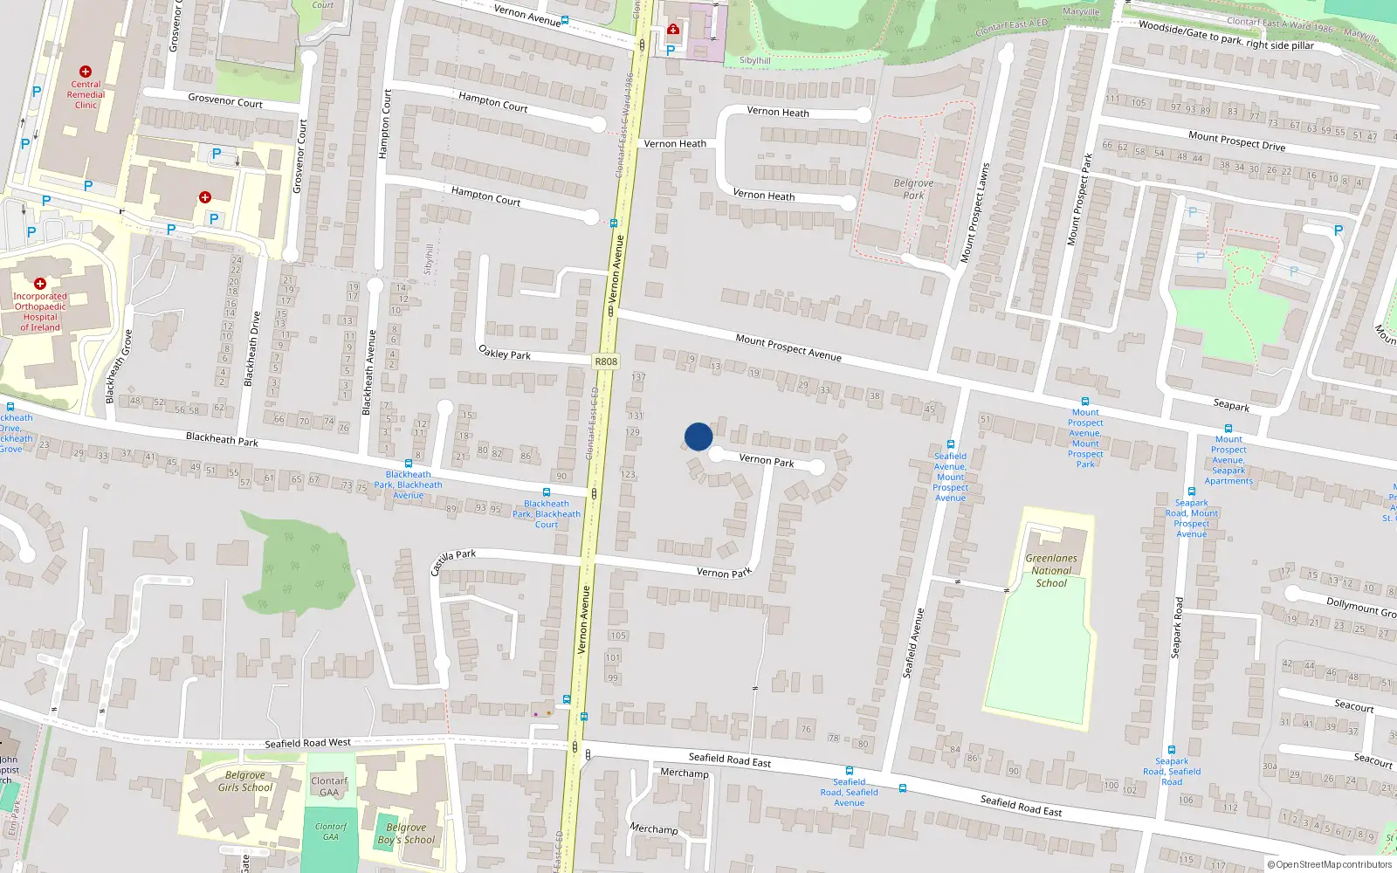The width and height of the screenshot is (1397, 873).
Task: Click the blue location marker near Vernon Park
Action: pyautogui.click(x=698, y=436)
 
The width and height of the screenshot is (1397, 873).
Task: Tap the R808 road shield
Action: pyautogui.click(x=606, y=361)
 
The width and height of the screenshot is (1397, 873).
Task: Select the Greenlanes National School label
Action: pyautogui.click(x=1051, y=571)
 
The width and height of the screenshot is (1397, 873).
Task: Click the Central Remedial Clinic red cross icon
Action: pyautogui.click(x=85, y=72)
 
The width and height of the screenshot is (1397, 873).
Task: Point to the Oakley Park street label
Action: pyautogui.click(x=505, y=353)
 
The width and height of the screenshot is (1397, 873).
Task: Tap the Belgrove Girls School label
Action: pyautogui.click(x=245, y=781)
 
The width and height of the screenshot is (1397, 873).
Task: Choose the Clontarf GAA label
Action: pyautogui.click(x=329, y=787)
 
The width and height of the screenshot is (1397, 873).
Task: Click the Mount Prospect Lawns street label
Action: pyautogui.click(x=975, y=213)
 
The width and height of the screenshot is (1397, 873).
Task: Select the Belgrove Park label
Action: pyautogui.click(x=913, y=189)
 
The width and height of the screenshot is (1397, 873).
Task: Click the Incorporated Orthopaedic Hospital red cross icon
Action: pyautogui.click(x=40, y=284)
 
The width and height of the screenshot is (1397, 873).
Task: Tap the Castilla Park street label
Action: pyautogui.click(x=453, y=561)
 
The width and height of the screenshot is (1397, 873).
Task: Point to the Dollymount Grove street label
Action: pyautogui.click(x=1360, y=607)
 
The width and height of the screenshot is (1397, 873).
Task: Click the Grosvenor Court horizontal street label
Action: pyautogui.click(x=225, y=101)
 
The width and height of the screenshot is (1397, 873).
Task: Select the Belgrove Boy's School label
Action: pyautogui.click(x=406, y=834)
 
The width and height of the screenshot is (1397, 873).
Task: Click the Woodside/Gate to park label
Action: pyautogui.click(x=1226, y=35)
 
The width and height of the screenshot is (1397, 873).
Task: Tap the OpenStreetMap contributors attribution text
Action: pyautogui.click(x=1330, y=864)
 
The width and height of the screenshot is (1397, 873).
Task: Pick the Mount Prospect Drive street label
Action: pyautogui.click(x=1236, y=141)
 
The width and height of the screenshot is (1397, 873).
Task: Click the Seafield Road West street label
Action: pyautogui.click(x=307, y=743)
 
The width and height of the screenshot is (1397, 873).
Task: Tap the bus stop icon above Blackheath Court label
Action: pyautogui.click(x=547, y=492)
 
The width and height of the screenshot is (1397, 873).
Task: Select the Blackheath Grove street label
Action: pyautogui.click(x=120, y=367)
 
